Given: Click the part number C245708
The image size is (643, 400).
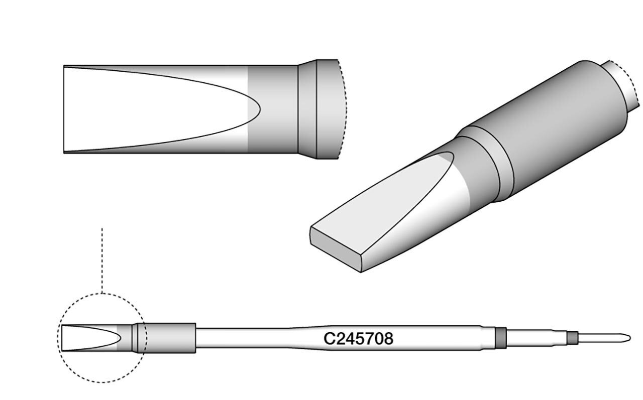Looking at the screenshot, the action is pyautogui.click(x=358, y=339).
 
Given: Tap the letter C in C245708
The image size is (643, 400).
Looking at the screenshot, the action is pyautogui.click(x=329, y=339).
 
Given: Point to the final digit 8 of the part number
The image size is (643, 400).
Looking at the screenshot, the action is pyautogui.click(x=388, y=339).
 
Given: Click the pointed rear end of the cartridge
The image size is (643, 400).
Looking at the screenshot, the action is pyautogui.click(x=630, y=338).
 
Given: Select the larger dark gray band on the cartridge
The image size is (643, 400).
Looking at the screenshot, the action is pyautogui.click(x=501, y=338).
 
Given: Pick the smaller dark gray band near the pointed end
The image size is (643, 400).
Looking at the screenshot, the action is pyautogui.click(x=572, y=338).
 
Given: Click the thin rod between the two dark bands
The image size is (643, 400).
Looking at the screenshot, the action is pyautogui.click(x=537, y=338).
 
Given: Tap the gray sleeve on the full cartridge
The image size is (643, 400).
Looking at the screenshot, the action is pyautogui.click(x=166, y=338).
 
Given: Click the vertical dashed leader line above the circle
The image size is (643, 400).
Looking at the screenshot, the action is pyautogui.click(x=102, y=260).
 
